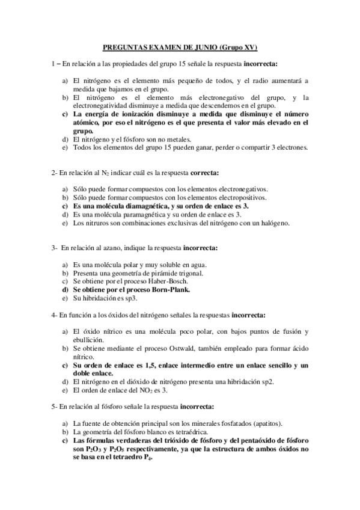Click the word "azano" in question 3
pos(104,248)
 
